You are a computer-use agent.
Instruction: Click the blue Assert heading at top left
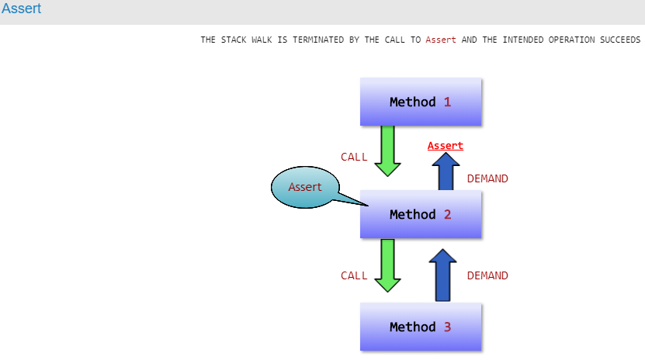pos(22,9)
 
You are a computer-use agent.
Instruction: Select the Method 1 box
pos(421,102)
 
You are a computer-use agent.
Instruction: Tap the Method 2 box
pos(421,214)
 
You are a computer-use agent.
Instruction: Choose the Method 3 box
pos(421,327)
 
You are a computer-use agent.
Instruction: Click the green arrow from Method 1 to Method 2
pos(387,151)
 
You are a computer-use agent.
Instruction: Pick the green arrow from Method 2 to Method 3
pos(387,265)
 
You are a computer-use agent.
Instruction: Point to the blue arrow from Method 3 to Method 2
pos(442,275)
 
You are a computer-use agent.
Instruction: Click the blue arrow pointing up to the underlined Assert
pos(446,171)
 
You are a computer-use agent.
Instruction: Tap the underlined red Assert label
pos(445,146)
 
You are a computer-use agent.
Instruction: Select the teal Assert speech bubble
pos(305,187)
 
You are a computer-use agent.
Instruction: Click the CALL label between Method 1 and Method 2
pos(354,157)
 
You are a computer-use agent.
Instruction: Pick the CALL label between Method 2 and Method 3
pos(354,275)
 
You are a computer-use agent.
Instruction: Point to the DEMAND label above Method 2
pos(487,178)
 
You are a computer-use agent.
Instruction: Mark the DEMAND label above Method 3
pos(487,275)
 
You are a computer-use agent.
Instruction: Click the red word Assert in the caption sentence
pos(441,40)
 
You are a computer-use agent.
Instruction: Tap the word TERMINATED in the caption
pos(318,40)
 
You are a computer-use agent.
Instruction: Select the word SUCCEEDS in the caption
pos(620,40)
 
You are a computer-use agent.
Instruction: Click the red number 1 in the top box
pos(448,102)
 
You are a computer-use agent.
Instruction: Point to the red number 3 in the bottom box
pos(448,327)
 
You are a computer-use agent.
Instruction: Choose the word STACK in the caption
pos(234,40)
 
